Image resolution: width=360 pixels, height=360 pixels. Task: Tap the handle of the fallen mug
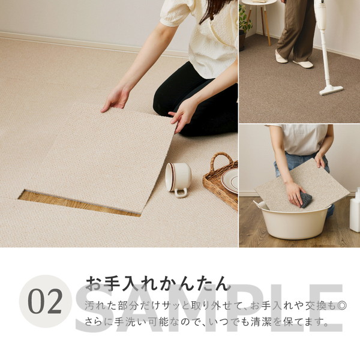[181, 193]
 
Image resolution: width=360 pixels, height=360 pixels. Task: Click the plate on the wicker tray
[230, 180]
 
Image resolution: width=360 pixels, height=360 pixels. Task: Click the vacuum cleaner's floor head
[331, 91]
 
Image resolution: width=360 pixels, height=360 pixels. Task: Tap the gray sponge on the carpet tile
[306, 200]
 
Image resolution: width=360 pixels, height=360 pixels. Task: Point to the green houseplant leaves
[244, 20]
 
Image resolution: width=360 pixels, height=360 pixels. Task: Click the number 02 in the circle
[45, 301]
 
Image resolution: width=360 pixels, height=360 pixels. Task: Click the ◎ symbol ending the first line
[342, 306]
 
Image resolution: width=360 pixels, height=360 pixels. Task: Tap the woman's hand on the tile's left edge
[115, 99]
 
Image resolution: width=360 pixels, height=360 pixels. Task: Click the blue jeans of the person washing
[298, 163]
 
